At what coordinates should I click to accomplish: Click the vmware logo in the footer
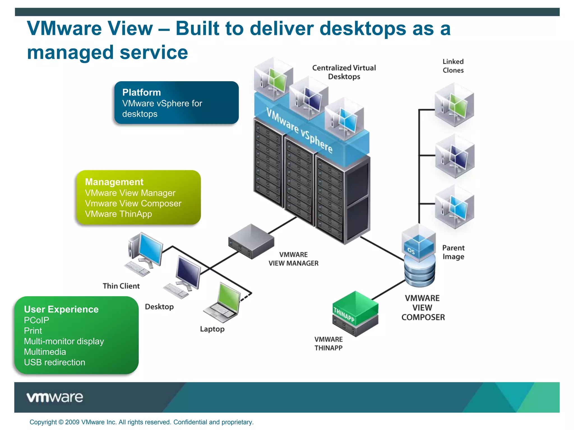[x=55, y=397]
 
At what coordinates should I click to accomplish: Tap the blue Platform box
[x=176, y=102]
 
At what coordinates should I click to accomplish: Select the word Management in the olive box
[x=114, y=182]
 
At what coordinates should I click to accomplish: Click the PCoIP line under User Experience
[x=36, y=320]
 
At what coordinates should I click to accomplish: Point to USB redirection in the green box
[x=54, y=362]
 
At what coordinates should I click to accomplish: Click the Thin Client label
[x=121, y=286]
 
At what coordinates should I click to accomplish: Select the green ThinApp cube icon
[x=355, y=308]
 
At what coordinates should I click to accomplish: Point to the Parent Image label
[x=453, y=252]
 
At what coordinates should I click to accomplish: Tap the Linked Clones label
[x=453, y=66]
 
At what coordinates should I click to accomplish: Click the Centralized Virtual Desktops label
[x=344, y=72]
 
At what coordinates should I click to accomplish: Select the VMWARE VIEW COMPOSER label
[x=423, y=308]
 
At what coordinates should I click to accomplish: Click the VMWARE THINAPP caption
[x=328, y=343]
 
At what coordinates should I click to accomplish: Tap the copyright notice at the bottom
[x=142, y=422]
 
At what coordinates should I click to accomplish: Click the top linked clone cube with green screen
[x=454, y=105]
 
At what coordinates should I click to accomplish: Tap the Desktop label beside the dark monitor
[x=159, y=307]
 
